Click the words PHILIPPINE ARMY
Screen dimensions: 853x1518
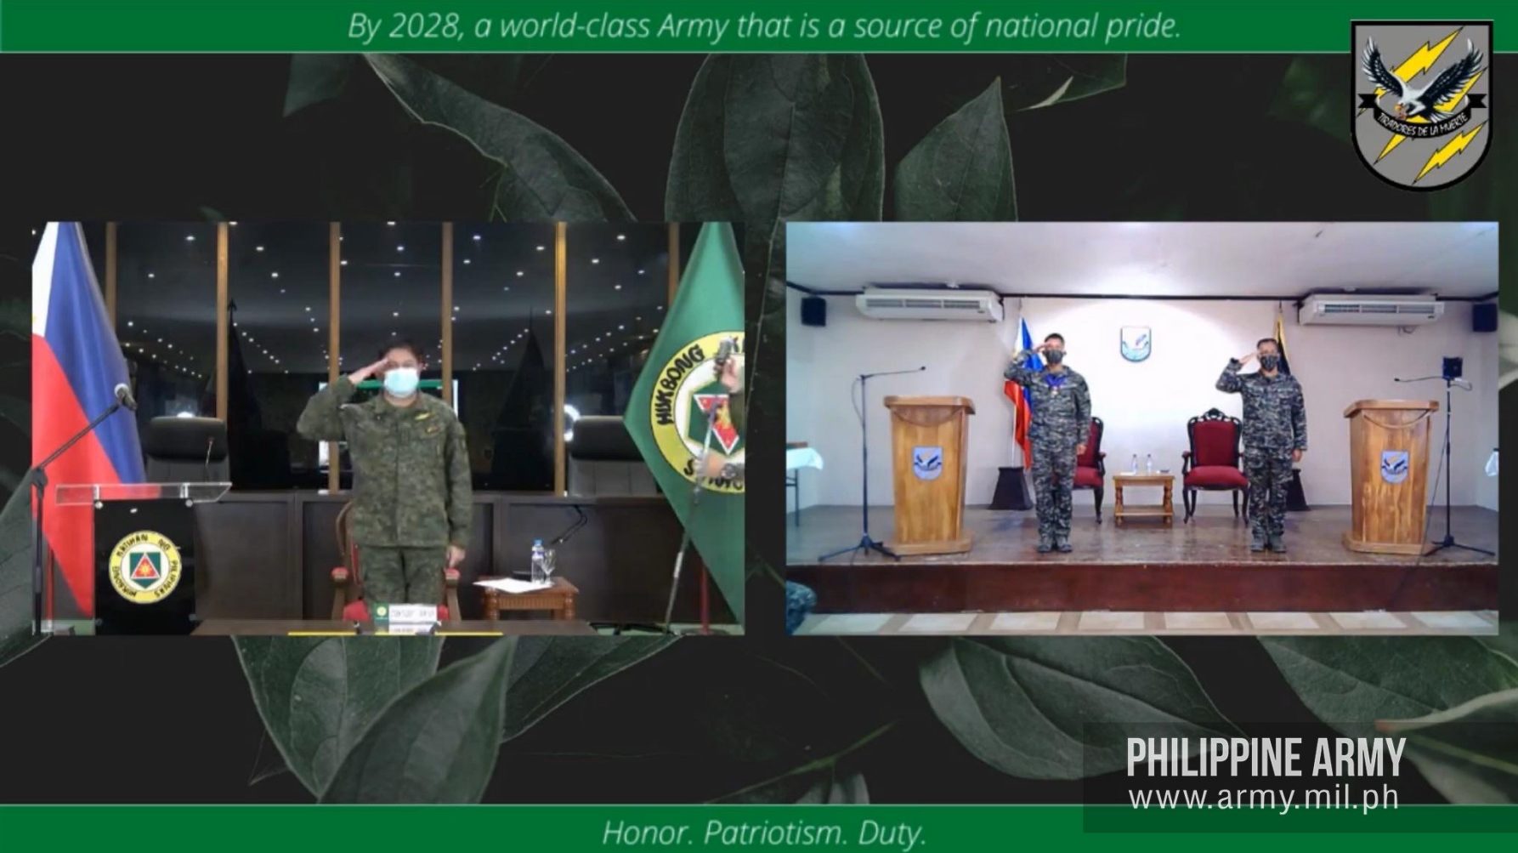coord(1266,757)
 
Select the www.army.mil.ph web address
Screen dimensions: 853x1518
coord(1264,799)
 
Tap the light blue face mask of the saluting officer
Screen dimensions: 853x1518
coord(400,381)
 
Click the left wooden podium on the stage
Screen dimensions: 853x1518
coord(928,472)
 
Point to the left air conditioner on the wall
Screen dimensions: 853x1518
coord(928,305)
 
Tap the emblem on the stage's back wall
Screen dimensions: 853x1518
coord(1135,343)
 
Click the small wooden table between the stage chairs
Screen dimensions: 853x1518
coord(1143,498)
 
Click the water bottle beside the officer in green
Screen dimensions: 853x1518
coord(536,562)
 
